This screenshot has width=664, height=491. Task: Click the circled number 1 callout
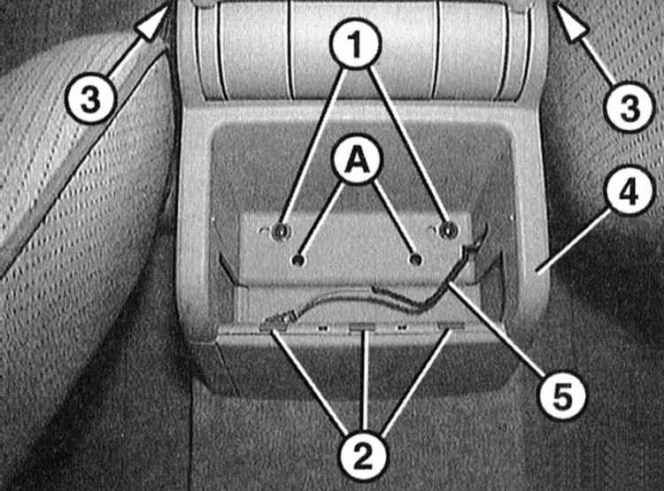click(356, 42)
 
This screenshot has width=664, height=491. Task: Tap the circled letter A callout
click(358, 161)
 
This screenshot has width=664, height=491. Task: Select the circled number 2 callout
click(363, 455)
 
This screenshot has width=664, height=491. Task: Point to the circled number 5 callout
click(562, 395)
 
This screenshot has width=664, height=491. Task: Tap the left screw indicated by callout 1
click(280, 231)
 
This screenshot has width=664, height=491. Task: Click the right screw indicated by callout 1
click(446, 230)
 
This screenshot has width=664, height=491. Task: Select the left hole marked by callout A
click(298, 260)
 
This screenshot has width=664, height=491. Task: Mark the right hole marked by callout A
click(417, 259)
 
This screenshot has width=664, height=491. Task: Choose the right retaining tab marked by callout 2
click(451, 326)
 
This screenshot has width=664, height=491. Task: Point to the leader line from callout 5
click(498, 329)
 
